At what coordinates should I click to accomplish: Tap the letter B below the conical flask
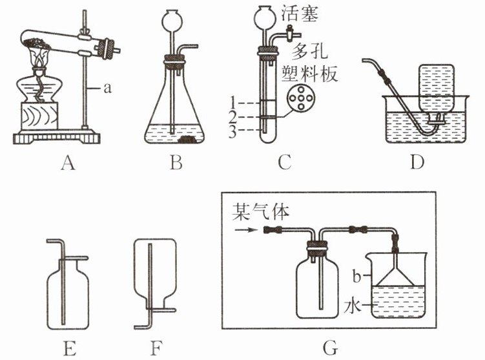175,164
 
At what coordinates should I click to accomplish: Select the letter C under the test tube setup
284,164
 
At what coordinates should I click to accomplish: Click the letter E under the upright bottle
70,349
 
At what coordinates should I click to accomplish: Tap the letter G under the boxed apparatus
331,349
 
